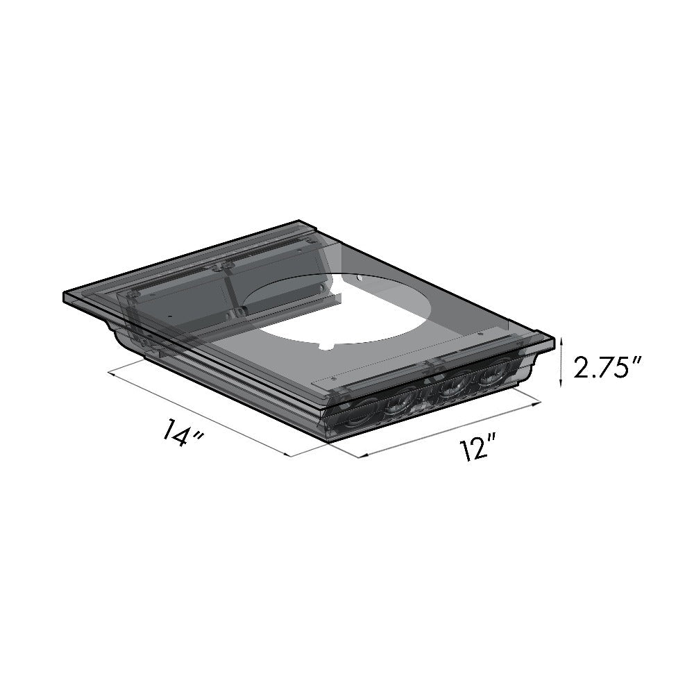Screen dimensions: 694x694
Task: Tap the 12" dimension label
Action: (475, 450)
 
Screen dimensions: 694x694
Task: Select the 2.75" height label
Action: (602, 367)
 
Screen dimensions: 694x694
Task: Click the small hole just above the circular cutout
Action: (359, 279)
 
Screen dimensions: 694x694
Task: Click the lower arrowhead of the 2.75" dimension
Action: (561, 385)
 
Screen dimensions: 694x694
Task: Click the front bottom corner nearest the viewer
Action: (325, 440)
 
